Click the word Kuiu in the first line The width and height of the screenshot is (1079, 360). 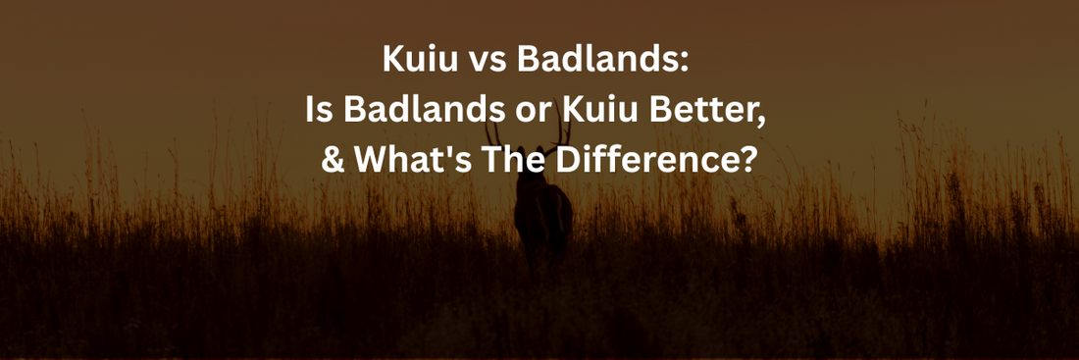point(421,59)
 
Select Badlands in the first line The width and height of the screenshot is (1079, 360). point(595,59)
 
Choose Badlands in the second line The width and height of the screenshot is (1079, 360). point(422,110)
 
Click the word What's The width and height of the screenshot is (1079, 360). point(413,161)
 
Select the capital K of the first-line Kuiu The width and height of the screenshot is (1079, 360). point(393,59)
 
